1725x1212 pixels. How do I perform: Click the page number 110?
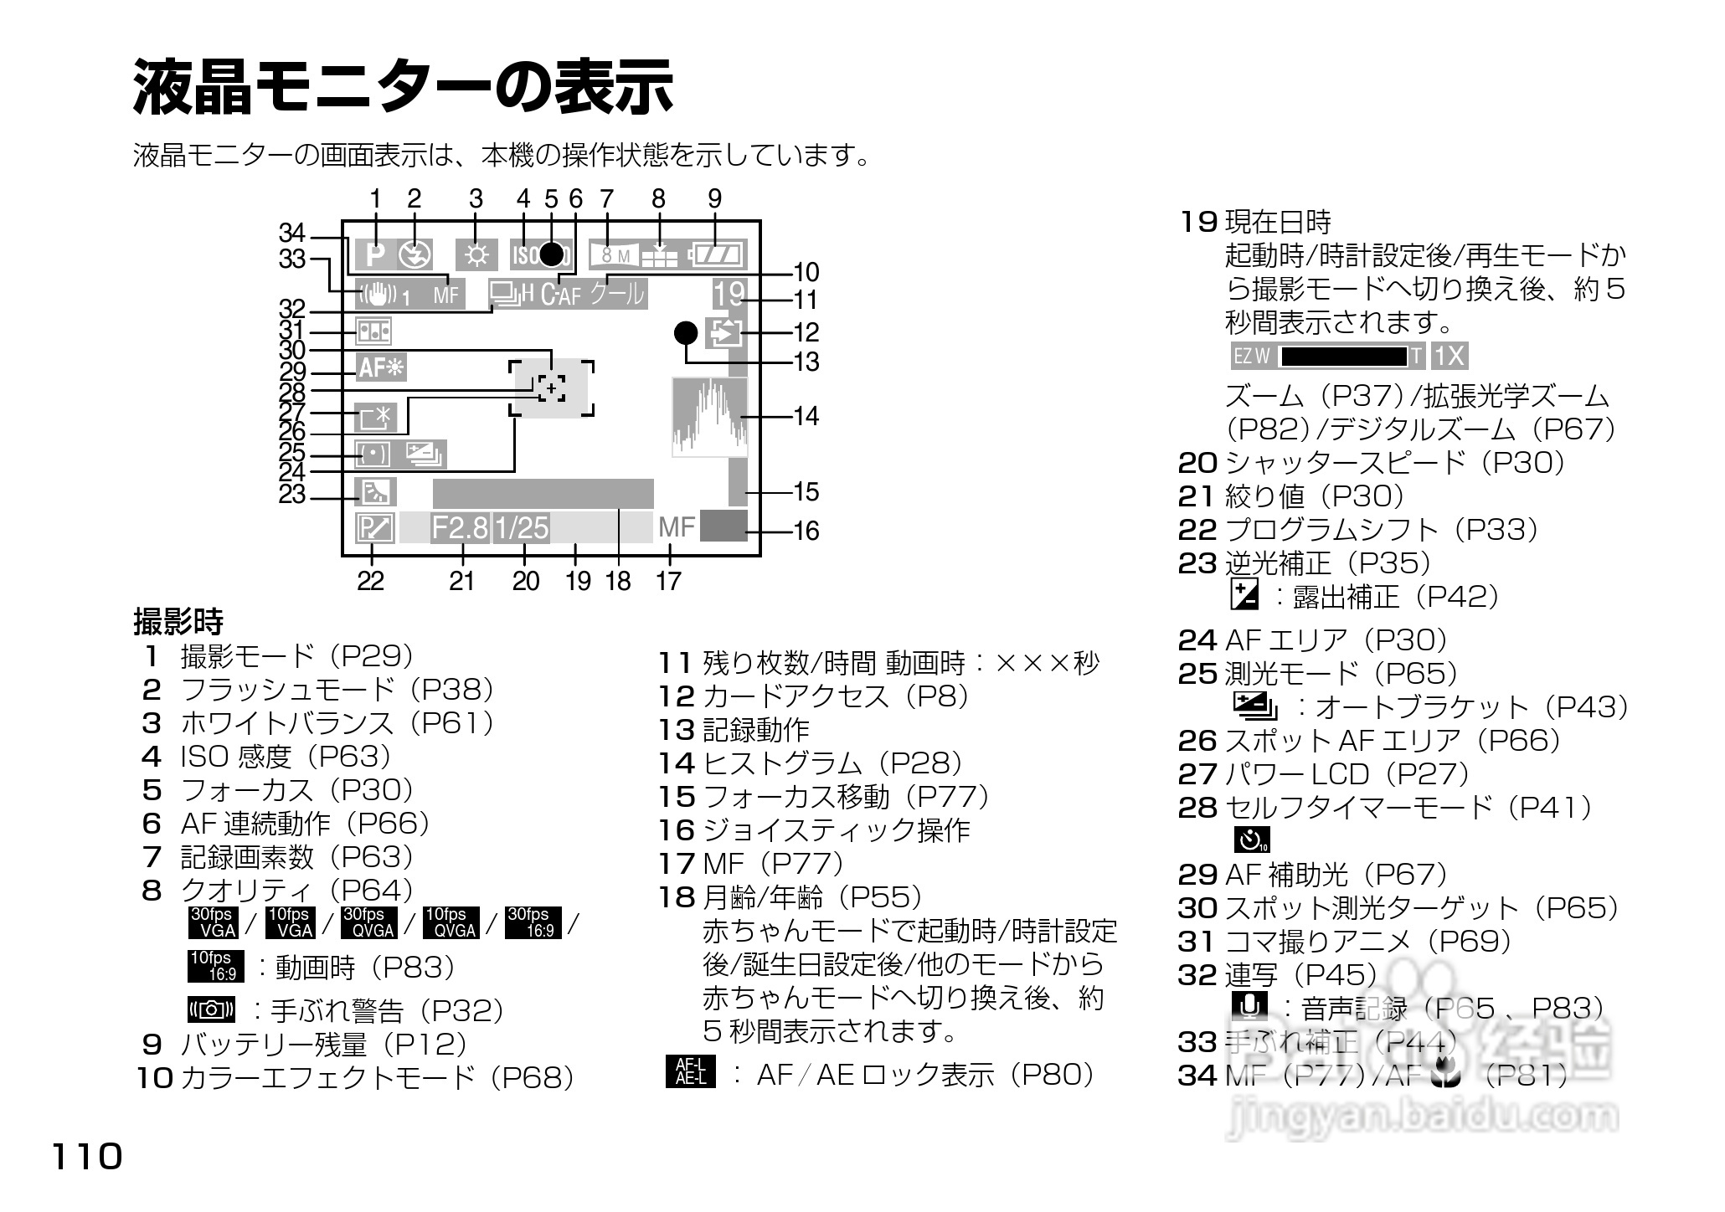pos(87,1158)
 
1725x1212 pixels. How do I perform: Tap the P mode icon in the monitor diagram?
pos(375,254)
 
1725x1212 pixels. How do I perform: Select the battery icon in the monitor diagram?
pos(717,254)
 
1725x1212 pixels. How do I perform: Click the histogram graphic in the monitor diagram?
pos(709,417)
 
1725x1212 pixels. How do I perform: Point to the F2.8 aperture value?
pos(460,528)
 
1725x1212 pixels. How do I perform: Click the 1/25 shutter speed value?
pos(521,528)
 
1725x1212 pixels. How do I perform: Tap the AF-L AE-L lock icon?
pos(691,1072)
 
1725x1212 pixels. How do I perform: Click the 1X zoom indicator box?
pos(1450,357)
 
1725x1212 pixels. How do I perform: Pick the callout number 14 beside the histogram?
pos(806,416)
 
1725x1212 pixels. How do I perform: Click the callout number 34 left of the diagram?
pos(292,233)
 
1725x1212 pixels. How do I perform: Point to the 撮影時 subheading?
pos(178,622)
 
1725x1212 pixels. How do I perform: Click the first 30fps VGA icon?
pos(214,922)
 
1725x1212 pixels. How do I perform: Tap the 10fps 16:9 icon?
pos(214,966)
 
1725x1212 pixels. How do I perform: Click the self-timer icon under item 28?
pos(1251,839)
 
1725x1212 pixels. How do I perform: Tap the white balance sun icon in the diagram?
pos(476,254)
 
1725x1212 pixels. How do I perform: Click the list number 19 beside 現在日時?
pos(1198,222)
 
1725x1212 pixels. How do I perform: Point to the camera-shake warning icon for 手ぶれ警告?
pos(211,1009)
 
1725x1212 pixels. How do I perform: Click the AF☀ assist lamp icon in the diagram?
pos(381,367)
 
